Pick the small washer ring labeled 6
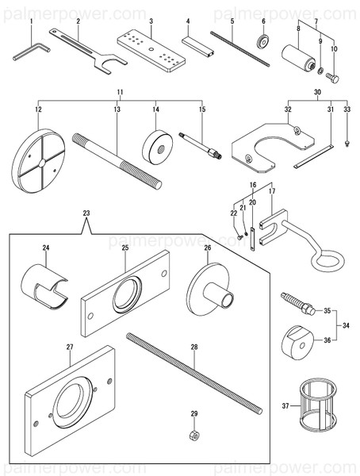pyautogui.click(x=260, y=40)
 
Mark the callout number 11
pyautogui.click(x=119, y=93)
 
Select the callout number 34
pyautogui.click(x=346, y=324)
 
